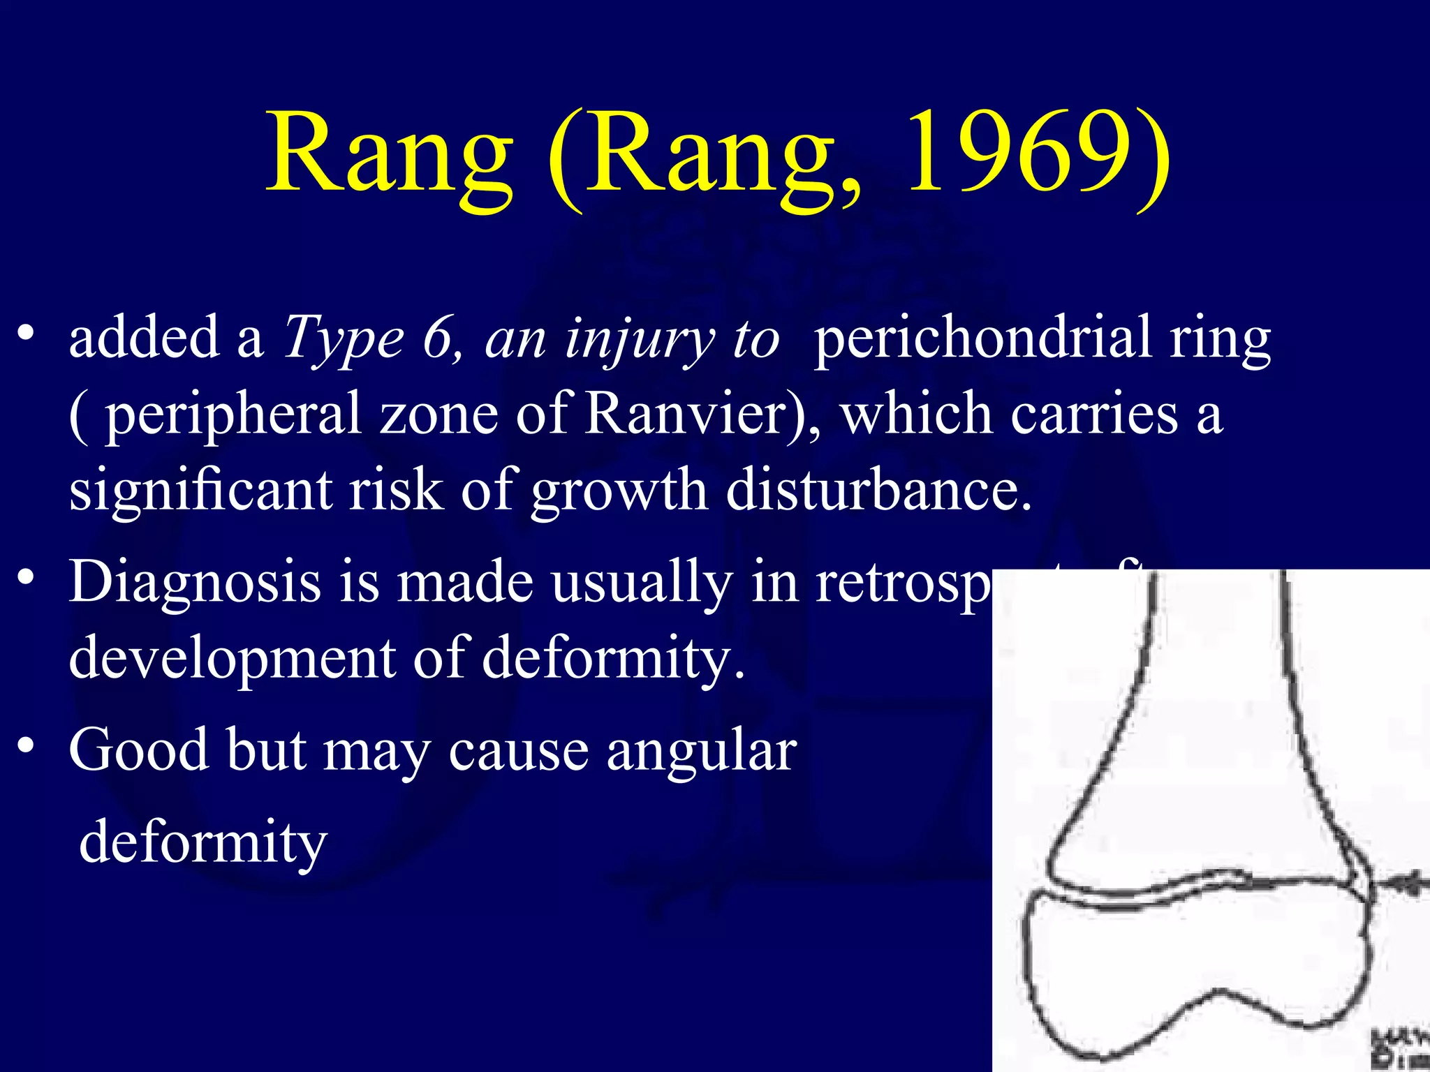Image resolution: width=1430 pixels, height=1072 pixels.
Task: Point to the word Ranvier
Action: pyautogui.click(x=695, y=413)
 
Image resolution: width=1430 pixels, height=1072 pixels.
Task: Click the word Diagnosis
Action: pyautogui.click(x=195, y=583)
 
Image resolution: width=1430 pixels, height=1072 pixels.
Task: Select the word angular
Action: pyautogui.click(x=701, y=751)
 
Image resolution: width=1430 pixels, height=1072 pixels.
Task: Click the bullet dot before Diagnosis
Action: pyautogui.click(x=27, y=579)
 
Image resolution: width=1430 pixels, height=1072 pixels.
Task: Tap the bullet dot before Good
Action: pyautogui.click(x=27, y=746)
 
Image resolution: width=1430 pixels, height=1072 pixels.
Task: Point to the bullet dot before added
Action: pyautogui.click(x=27, y=333)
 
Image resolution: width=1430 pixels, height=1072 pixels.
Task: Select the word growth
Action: pyautogui.click(x=619, y=491)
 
